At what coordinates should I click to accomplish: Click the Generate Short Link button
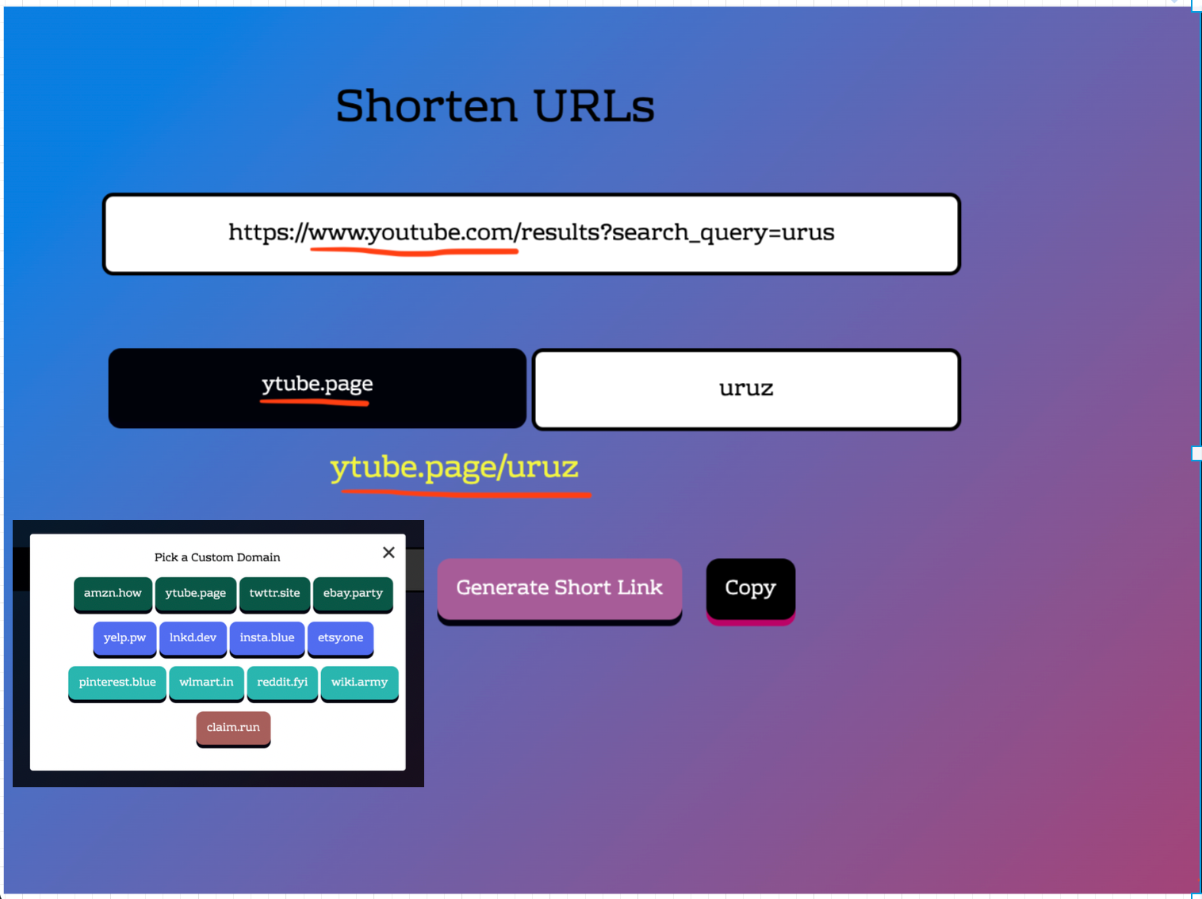[x=559, y=588]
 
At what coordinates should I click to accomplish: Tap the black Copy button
[x=750, y=588]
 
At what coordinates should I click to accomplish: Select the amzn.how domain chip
[x=113, y=594]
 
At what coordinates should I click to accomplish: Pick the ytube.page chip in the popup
[x=195, y=594]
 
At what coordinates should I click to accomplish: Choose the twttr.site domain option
[x=274, y=594]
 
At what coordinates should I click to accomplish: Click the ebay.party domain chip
[x=353, y=594]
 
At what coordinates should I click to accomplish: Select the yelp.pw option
[x=124, y=638]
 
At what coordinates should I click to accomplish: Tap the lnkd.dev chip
[x=193, y=638]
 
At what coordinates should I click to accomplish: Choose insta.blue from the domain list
[x=266, y=638]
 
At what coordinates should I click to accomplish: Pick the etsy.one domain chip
[x=340, y=638]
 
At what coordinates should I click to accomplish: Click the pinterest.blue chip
[x=117, y=683]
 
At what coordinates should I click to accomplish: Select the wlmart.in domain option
[x=206, y=683]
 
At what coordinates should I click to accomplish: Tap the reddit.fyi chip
[x=282, y=683]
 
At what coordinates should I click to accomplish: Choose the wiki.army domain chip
[x=359, y=683]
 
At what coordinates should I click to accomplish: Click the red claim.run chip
[x=233, y=728]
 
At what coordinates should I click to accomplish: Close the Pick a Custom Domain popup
[x=389, y=553]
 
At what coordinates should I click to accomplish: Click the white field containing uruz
[x=746, y=389]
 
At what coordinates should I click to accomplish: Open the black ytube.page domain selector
[x=317, y=388]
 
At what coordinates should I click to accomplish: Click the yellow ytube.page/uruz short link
[x=454, y=468]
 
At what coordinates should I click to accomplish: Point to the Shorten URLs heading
[x=496, y=106]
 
